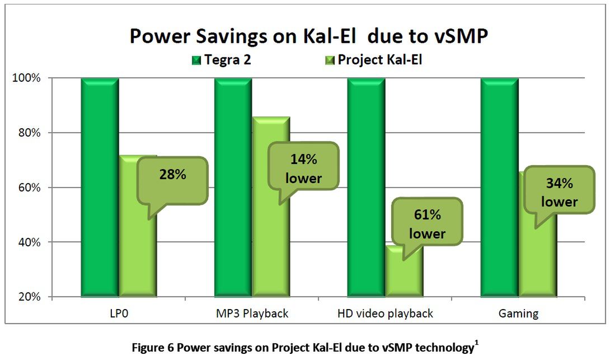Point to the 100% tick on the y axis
tap(26, 78)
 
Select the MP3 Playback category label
tap(252, 313)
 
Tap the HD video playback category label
tap(385, 313)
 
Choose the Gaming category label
tap(518, 313)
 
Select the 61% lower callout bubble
tap(427, 222)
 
